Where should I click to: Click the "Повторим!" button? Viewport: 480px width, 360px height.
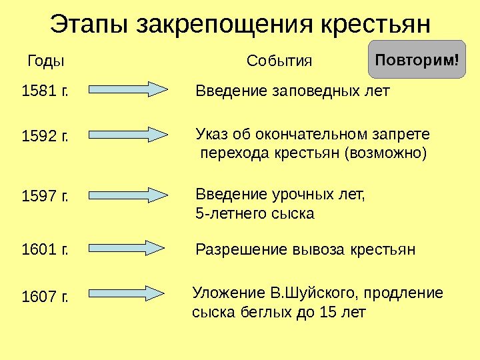(x=417, y=60)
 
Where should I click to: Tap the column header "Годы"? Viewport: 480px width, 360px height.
(x=45, y=61)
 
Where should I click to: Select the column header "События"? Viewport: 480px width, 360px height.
(x=279, y=61)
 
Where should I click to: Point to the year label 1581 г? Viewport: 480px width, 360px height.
(x=45, y=91)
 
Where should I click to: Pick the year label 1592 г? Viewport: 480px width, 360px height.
(x=45, y=137)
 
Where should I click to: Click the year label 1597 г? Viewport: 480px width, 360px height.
(x=45, y=197)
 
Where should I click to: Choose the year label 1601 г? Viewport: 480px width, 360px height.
(x=45, y=250)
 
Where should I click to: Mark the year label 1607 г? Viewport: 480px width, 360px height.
(x=45, y=295)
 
